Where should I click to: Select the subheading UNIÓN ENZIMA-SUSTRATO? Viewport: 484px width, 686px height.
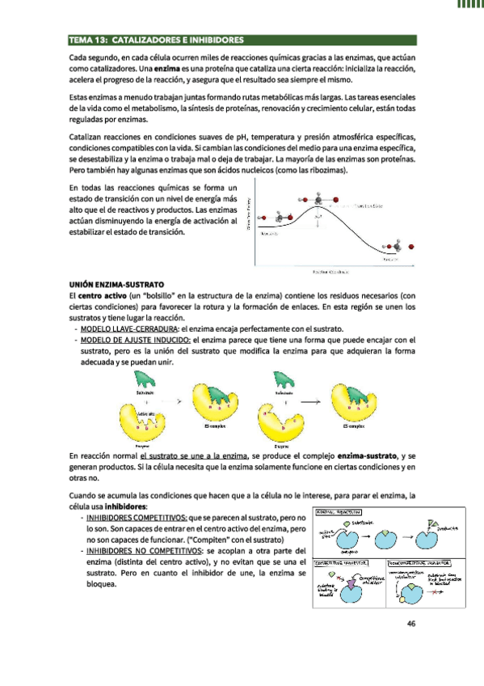coord(117,285)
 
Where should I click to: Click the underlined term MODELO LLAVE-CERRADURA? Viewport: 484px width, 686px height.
coord(128,328)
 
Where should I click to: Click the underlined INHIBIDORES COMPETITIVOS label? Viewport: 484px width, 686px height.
coord(137,517)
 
